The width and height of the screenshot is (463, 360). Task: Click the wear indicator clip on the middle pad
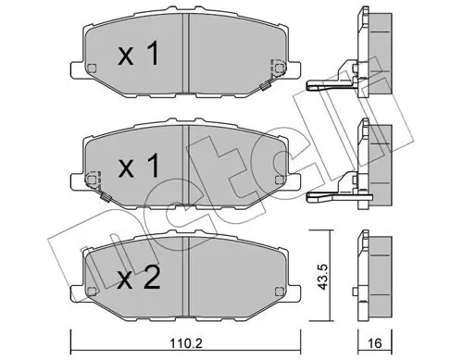[106, 195]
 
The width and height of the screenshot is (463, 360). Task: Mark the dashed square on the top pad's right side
[276, 68]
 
